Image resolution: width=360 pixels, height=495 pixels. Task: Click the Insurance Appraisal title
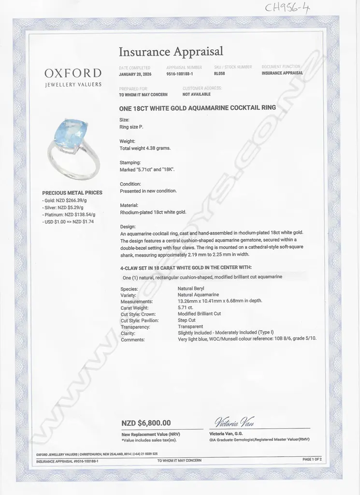point(171,51)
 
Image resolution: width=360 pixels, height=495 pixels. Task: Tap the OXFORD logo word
point(73,73)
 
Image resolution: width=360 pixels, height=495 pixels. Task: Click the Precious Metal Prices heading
point(72,192)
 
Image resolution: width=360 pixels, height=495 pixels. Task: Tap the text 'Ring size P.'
point(131,127)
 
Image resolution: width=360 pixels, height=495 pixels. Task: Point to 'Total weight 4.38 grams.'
point(145,148)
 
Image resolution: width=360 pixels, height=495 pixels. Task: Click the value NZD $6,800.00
point(146,423)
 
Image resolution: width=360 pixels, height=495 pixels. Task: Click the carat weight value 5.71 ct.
point(186,307)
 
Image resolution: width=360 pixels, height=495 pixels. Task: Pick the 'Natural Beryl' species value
point(191,289)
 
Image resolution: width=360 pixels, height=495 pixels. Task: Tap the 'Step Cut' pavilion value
point(187,320)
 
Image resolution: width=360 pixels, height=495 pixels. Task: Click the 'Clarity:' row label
point(128,333)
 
